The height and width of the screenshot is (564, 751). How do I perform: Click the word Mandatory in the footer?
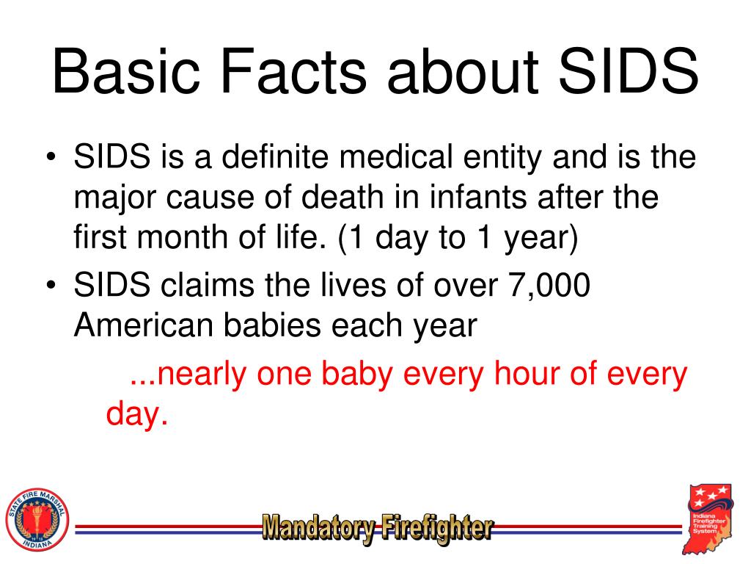318,527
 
